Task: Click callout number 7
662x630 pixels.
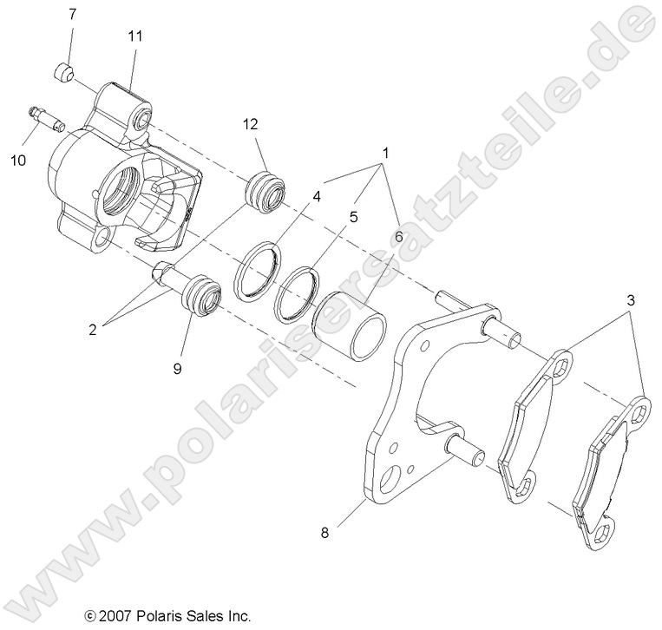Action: click(x=72, y=14)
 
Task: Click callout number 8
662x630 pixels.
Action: click(x=325, y=535)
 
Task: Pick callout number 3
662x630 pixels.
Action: click(x=632, y=301)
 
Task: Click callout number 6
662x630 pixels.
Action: click(x=398, y=234)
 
